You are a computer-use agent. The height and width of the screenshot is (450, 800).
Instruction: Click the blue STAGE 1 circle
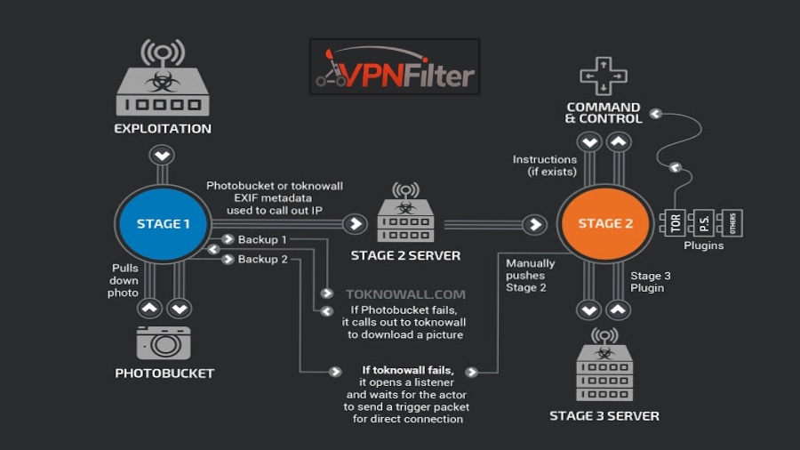point(163,224)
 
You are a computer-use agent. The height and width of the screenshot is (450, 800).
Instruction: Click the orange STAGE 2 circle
point(605,224)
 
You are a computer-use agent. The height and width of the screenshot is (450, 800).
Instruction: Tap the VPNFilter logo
point(395,68)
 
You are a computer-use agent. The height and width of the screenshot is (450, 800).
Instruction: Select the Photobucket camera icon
point(164,342)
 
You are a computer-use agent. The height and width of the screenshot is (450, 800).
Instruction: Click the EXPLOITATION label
point(163,128)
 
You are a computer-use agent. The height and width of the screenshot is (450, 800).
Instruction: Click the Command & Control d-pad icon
point(604,76)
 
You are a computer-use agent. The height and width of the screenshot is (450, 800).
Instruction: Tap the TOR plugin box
point(676,223)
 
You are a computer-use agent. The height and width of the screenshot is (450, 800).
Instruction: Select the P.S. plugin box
point(704,223)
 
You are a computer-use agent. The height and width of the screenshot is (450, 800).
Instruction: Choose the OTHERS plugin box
point(732,223)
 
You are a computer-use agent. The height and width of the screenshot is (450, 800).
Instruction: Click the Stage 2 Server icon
point(405,216)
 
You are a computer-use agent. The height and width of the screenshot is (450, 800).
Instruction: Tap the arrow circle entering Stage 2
point(534,224)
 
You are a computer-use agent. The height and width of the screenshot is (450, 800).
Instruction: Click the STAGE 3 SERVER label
point(604,415)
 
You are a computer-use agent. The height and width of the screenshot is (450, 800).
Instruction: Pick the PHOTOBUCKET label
point(164,374)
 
